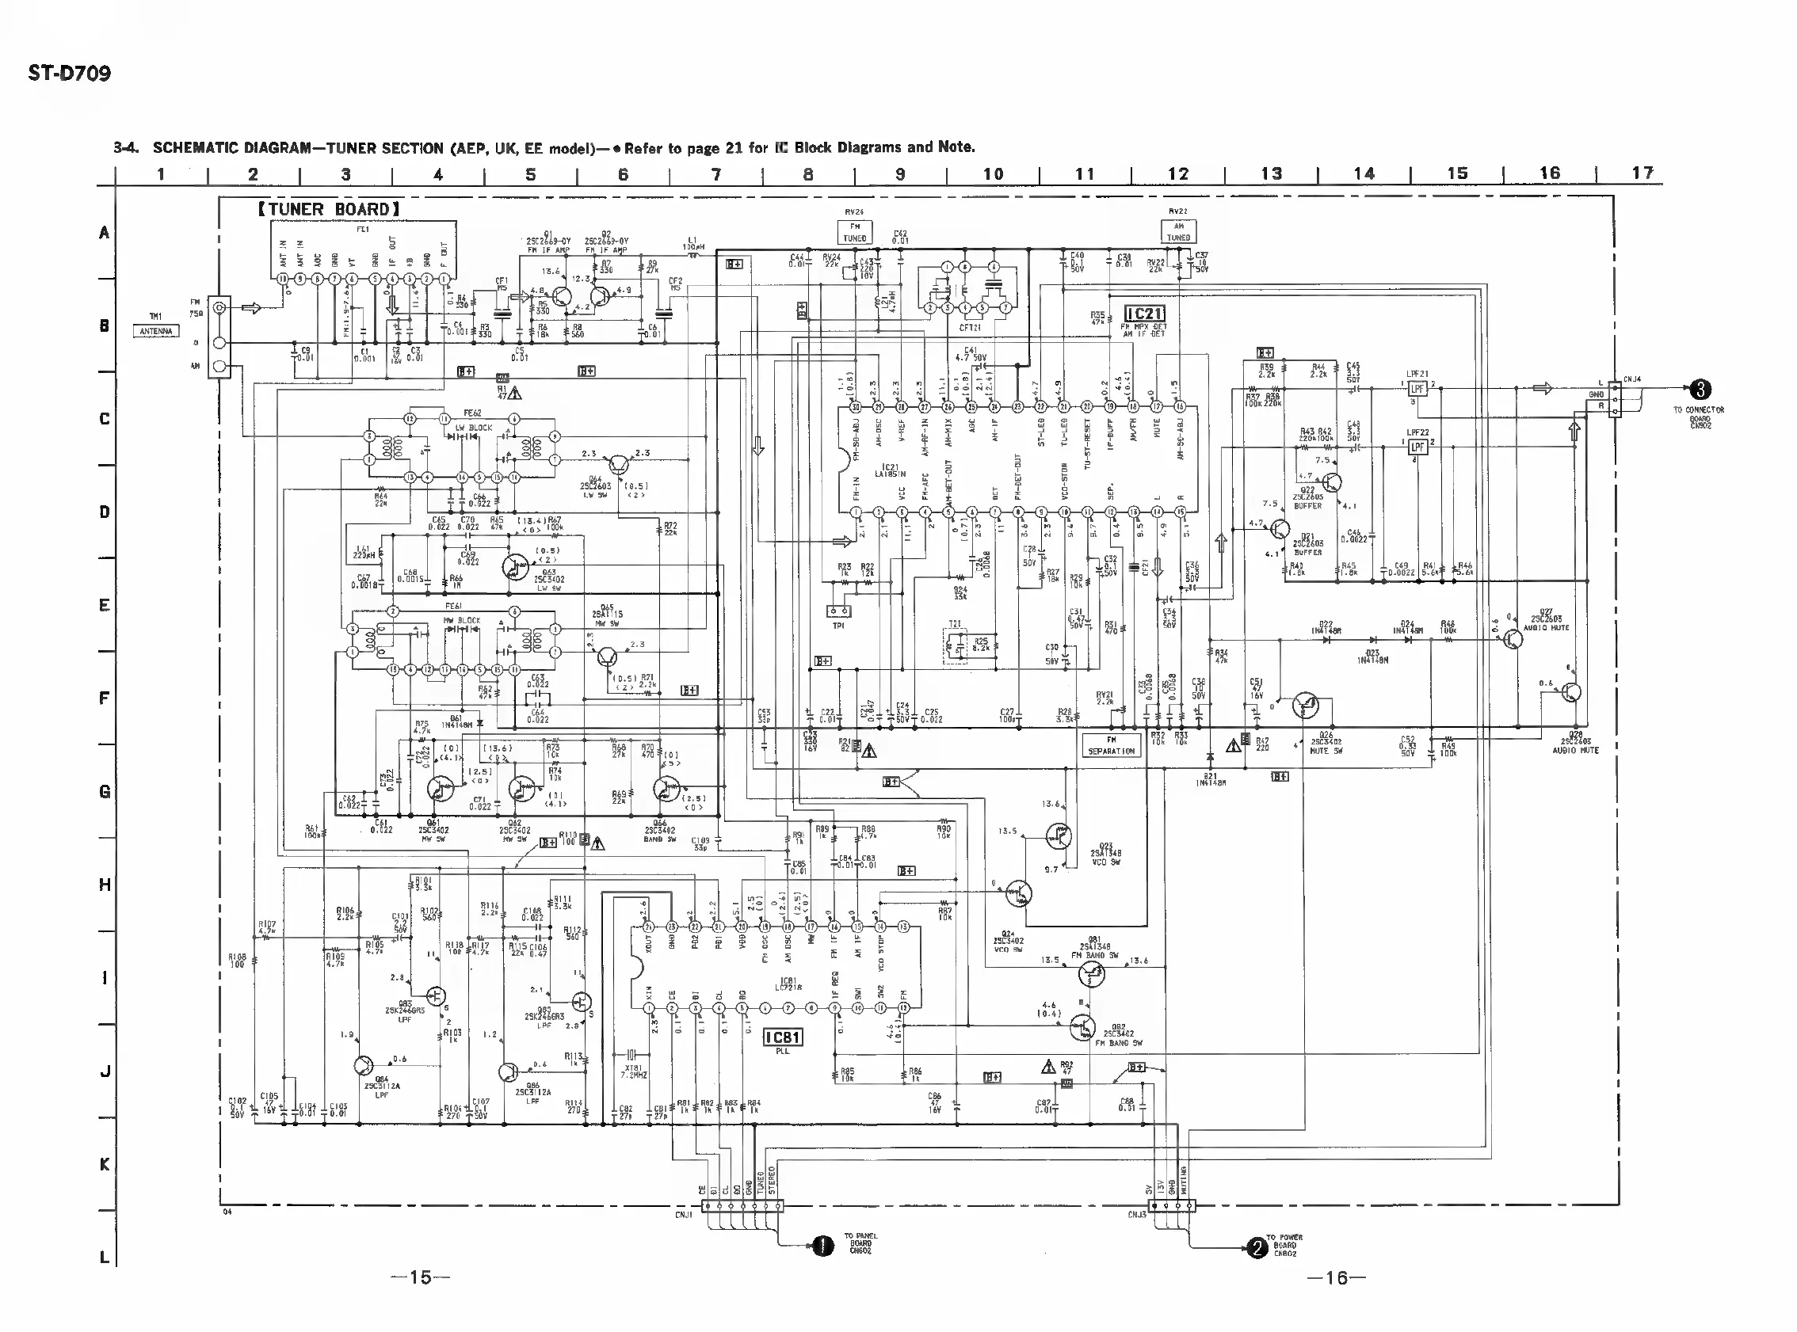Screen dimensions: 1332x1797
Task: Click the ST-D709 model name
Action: [70, 74]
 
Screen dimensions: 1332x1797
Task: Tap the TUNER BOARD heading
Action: [329, 210]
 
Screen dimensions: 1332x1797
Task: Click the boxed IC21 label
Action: [1143, 314]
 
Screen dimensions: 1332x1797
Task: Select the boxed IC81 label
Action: [782, 1037]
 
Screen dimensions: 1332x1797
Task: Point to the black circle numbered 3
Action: [1700, 390]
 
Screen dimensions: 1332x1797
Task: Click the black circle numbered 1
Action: [822, 1246]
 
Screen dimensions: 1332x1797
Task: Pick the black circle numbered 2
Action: [1257, 1249]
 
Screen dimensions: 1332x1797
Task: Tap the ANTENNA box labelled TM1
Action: [156, 330]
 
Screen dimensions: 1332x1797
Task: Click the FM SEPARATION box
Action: [1111, 745]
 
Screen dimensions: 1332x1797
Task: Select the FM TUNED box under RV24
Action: [854, 233]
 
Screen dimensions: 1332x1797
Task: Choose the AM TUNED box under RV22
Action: [1178, 232]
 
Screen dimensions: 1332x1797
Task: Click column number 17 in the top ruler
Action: [1642, 173]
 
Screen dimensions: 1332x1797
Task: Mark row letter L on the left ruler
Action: [104, 1257]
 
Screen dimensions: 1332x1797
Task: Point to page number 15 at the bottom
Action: [419, 1277]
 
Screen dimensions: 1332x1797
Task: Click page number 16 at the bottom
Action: [1337, 1277]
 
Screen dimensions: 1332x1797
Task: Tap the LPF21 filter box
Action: [1417, 389]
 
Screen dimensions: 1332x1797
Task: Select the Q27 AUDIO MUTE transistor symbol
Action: [1513, 639]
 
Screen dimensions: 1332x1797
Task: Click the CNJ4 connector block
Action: [1614, 399]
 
